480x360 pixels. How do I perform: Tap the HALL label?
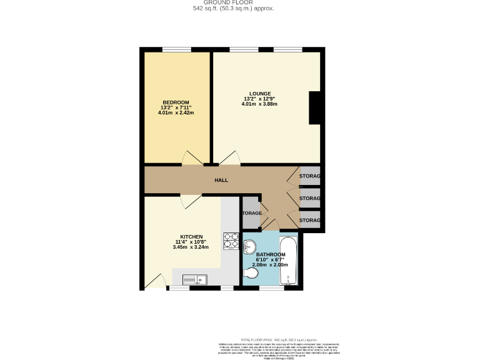point(221,180)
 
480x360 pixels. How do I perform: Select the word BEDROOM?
point(176,102)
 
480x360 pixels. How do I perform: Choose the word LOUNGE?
point(260,94)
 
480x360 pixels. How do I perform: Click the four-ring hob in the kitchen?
point(231,241)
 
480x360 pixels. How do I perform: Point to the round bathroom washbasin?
point(252,246)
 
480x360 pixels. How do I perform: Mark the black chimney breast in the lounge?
point(314,107)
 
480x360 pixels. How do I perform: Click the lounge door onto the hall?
point(227,158)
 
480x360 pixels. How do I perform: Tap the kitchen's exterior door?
point(154,281)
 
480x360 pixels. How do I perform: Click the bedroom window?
point(176,49)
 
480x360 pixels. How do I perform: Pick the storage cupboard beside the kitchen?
point(251,212)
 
